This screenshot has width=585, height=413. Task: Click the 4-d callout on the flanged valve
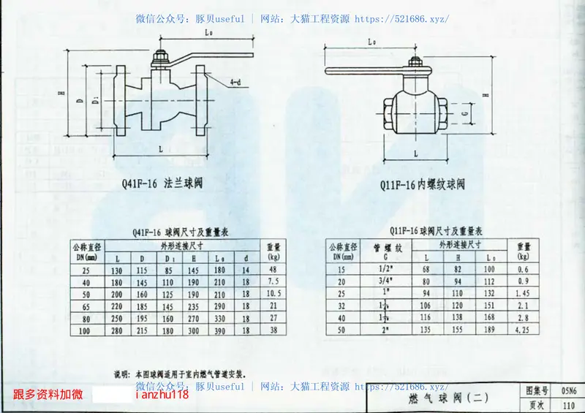235,82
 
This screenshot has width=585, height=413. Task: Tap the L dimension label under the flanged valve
160,148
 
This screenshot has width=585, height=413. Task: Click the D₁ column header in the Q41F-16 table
169,258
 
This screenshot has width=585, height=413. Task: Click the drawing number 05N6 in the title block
568,391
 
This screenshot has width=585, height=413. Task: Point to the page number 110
568,405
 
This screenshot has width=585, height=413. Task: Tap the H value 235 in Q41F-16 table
194,306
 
